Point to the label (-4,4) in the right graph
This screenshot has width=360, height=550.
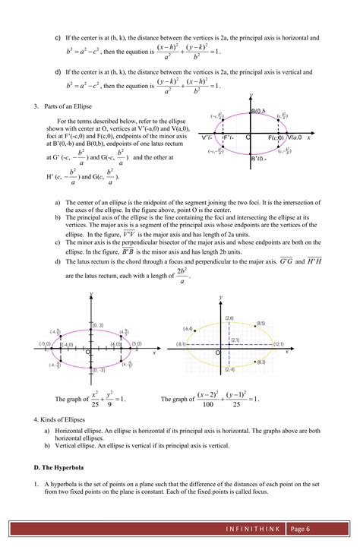[188, 328]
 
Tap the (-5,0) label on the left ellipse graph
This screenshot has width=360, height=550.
[46, 344]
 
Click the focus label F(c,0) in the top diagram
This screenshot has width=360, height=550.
[276, 137]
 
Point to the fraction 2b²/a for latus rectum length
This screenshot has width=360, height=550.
[182, 274]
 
